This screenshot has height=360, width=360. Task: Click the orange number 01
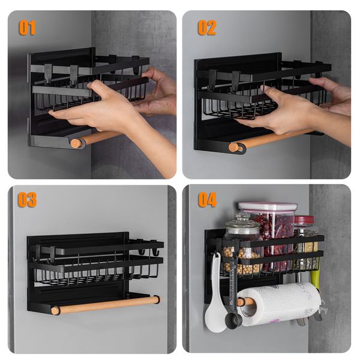[27, 28]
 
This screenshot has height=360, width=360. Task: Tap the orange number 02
[207, 28]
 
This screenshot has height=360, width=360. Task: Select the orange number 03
[27, 200]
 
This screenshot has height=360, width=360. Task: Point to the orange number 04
[208, 200]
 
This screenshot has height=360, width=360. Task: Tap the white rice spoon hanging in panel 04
[215, 312]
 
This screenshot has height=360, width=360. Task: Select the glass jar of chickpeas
[241, 249]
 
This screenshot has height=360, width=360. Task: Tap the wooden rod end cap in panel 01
[75, 143]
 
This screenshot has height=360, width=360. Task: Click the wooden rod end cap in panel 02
[233, 147]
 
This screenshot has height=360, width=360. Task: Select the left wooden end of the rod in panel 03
[56, 310]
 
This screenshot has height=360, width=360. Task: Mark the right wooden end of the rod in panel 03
[155, 299]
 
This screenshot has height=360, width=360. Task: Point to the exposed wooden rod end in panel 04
[241, 302]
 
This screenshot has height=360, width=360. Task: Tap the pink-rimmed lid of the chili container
[268, 206]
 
